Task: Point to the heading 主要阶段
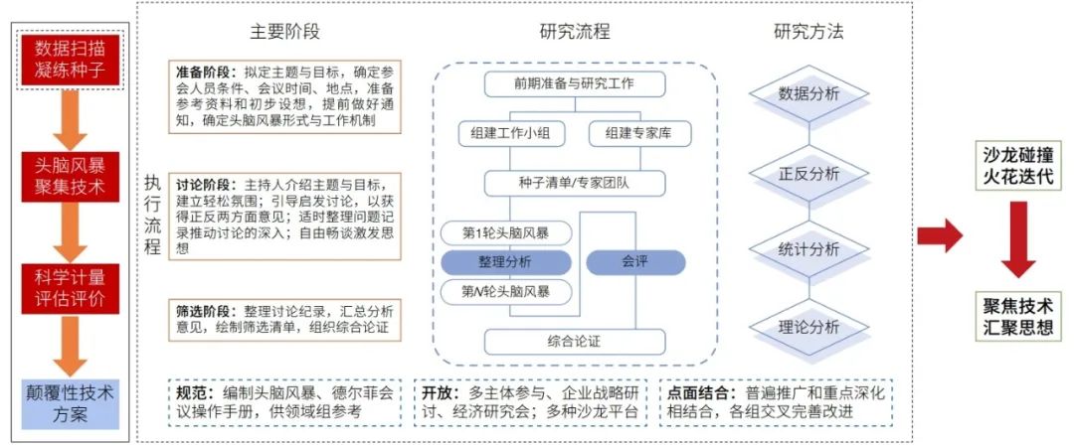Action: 286,31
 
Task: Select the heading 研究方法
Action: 808,31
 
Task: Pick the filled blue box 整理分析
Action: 506,262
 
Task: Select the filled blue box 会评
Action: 635,262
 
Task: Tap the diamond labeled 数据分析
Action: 808,94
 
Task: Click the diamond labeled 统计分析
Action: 808,249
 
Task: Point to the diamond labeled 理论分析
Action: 808,326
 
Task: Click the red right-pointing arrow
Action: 938,235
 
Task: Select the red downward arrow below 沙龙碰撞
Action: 1017,238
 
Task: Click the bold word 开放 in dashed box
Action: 439,392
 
